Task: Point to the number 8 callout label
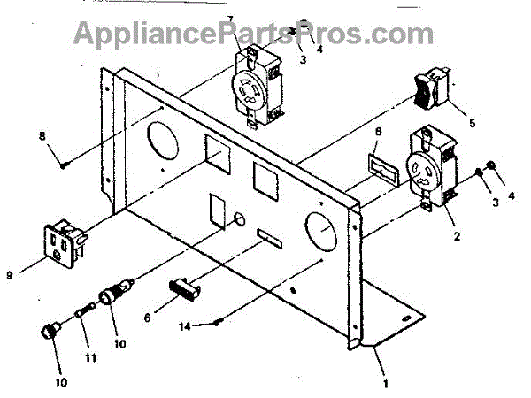pyautogui.click(x=42, y=135)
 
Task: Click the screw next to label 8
pyautogui.click(x=65, y=164)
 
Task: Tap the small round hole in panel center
pyautogui.click(x=240, y=219)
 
